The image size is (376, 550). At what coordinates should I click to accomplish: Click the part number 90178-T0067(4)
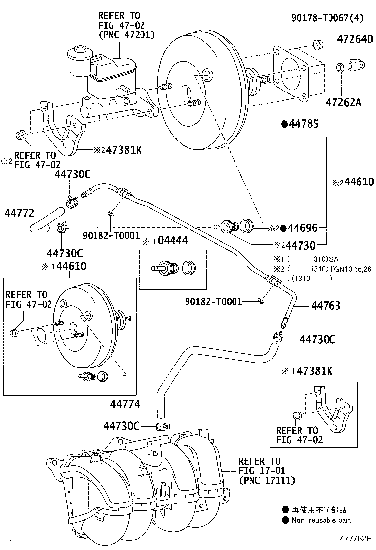pyautogui.click(x=328, y=19)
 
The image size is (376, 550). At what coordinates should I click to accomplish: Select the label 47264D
pyautogui.click(x=355, y=39)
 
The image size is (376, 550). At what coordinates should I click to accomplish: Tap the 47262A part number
pyautogui.click(x=343, y=102)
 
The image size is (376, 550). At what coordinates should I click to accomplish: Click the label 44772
pyautogui.click(x=19, y=214)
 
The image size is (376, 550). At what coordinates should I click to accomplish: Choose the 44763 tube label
pyautogui.click(x=326, y=306)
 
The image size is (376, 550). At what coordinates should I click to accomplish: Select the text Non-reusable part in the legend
pyautogui.click(x=321, y=520)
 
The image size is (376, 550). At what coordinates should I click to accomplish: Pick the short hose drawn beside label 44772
pyautogui.click(x=46, y=222)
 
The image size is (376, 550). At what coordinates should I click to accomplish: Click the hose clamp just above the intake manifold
pyautogui.click(x=160, y=426)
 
